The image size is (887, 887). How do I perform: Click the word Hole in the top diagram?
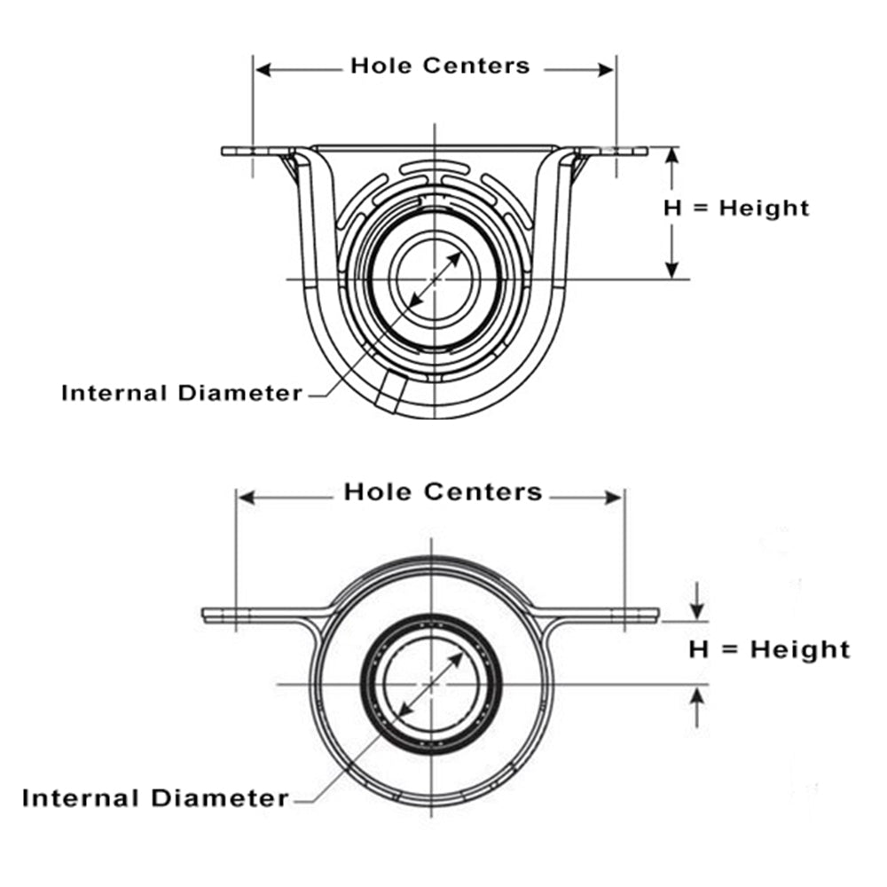pyautogui.click(x=380, y=66)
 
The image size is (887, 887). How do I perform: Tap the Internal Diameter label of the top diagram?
pyautogui.click(x=182, y=392)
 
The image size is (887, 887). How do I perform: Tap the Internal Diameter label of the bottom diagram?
pyautogui.click(x=155, y=797)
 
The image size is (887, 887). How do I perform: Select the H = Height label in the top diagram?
pyautogui.click(x=736, y=208)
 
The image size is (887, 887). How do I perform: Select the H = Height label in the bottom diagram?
pyautogui.click(x=769, y=649)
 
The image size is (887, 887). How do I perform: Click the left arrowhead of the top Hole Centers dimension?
pyautogui.click(x=263, y=69)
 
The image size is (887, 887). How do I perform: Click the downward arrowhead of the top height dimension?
pyautogui.click(x=672, y=270)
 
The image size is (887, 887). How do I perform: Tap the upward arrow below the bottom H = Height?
pyautogui.click(x=698, y=697)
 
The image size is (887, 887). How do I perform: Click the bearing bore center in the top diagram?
pyautogui.click(x=435, y=279)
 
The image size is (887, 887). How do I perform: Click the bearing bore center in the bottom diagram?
pyautogui.click(x=431, y=684)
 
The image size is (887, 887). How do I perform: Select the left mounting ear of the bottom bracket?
pyautogui.click(x=239, y=614)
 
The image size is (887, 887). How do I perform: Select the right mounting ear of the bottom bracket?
pyautogui.click(x=621, y=614)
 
